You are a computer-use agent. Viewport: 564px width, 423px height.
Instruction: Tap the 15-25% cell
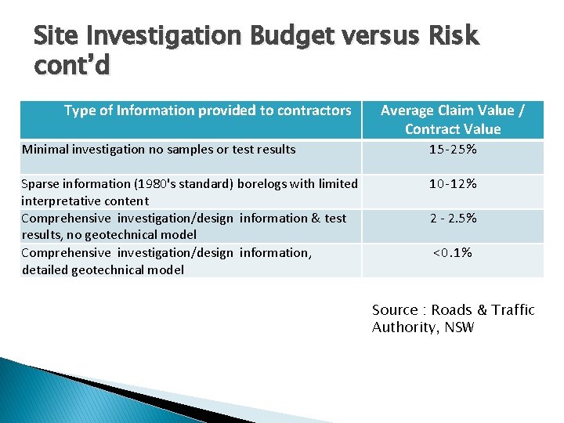coord(452,150)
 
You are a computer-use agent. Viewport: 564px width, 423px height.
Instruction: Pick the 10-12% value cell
coord(452,184)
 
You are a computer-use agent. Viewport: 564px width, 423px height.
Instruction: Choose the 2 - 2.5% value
coord(452,219)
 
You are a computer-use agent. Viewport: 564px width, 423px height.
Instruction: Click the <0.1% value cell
coord(452,253)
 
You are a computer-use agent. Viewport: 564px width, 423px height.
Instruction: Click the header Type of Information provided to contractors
coord(207,110)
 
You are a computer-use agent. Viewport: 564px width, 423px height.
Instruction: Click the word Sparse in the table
coord(40,184)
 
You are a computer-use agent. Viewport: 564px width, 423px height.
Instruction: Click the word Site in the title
coord(56,37)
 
